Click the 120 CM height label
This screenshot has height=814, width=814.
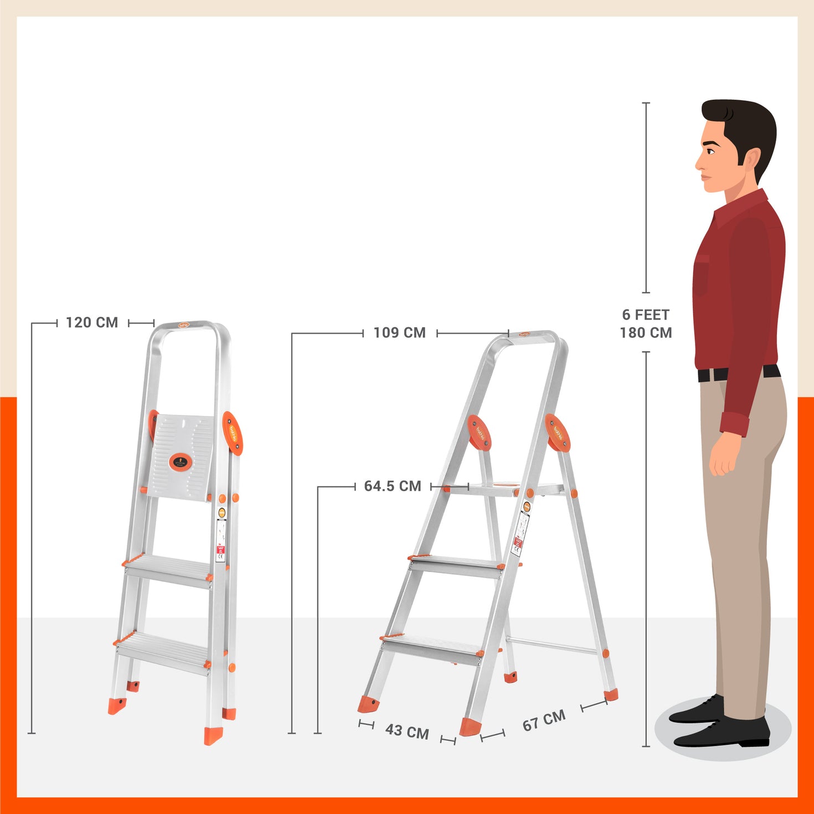pos(92,322)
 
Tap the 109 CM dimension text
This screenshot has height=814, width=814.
pos(399,333)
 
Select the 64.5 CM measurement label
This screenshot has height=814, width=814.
pos(392,486)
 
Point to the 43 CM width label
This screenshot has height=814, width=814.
pos(407,731)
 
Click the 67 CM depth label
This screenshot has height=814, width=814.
pos(544,720)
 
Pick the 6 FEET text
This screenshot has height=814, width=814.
pos(646,315)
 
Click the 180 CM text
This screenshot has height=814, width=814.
pos(646,333)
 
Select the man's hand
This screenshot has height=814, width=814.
pos(723,457)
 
